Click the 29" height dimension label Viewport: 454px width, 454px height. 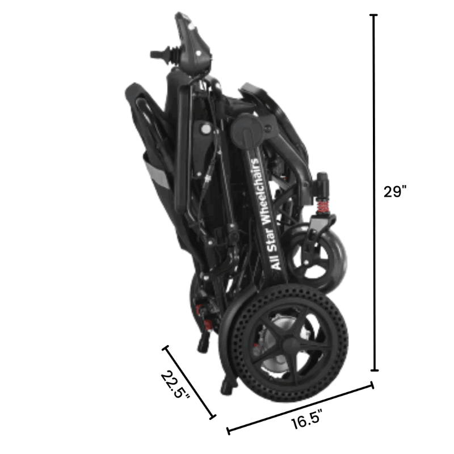[x=395, y=191]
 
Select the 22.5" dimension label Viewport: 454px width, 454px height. [x=175, y=385]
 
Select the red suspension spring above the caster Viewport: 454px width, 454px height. [x=322, y=206]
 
